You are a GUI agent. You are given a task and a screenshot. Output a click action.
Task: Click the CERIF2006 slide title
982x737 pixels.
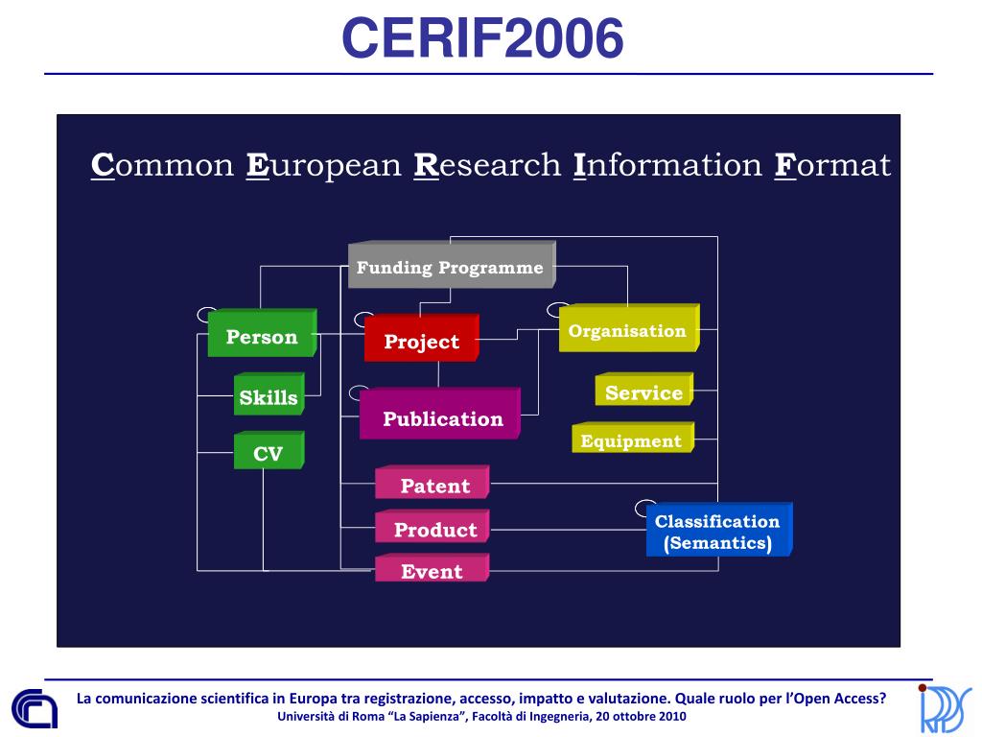[483, 38]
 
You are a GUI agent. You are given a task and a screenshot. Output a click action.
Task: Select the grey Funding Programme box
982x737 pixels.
[450, 268]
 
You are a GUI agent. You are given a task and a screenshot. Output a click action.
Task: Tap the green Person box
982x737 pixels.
[262, 337]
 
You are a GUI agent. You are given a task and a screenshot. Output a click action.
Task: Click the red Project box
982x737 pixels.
[421, 342]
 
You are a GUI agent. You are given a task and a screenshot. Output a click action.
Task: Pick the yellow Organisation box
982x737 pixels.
[627, 331]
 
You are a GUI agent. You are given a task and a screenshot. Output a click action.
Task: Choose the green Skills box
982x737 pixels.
[269, 397]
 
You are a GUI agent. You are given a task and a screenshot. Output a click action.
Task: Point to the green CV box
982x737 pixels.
[269, 454]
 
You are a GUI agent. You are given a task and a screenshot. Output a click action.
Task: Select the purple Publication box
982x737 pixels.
[442, 418]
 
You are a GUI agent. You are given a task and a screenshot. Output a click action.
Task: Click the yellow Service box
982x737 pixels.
[643, 392]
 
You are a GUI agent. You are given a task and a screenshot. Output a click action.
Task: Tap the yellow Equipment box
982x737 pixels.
[631, 441]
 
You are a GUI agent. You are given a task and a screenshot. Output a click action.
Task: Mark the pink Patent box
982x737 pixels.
[434, 486]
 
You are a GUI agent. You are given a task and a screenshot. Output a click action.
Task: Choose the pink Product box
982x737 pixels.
[434, 530]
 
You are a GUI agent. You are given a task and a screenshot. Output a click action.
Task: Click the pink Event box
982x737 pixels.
[432, 571]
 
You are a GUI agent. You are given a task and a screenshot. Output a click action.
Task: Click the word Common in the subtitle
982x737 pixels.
[162, 165]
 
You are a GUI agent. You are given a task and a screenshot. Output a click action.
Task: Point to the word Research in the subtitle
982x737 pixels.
[487, 165]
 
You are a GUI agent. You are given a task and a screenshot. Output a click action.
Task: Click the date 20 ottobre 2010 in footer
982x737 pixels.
[641, 717]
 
